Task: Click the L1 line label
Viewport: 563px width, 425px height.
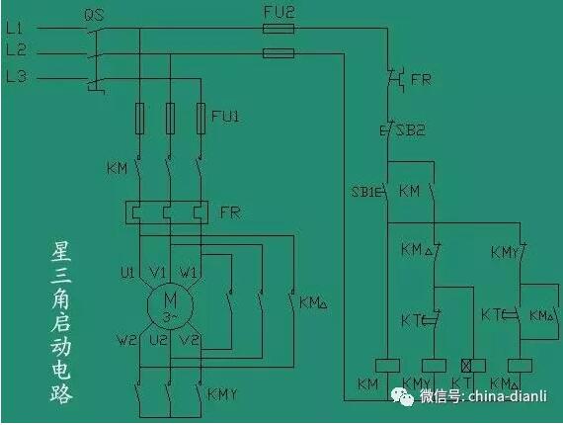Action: pos(14,28)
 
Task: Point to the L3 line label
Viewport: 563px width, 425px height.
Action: pos(16,76)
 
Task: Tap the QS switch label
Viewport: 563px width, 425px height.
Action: pos(94,15)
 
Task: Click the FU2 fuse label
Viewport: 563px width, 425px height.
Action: pos(279,12)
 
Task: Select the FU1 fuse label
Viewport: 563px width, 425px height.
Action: pos(225,116)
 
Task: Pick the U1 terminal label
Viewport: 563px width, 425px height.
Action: pos(127,273)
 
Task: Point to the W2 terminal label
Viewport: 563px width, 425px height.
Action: pos(127,340)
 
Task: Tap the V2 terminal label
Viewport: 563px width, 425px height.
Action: pos(189,339)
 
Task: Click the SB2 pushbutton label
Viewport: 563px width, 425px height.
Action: pos(411,129)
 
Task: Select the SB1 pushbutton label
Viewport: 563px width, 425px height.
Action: pos(363,192)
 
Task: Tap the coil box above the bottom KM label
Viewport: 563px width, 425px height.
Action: pos(387,366)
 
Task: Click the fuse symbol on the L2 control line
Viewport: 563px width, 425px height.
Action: pos(279,53)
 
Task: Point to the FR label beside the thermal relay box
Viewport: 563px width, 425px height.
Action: pos(230,212)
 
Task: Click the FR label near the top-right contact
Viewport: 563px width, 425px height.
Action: pos(421,79)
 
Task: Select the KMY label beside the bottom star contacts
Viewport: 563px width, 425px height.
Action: pos(222,394)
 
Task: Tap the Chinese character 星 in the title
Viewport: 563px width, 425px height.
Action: pos(61,251)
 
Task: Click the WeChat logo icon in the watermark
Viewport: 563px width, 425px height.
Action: pos(402,396)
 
